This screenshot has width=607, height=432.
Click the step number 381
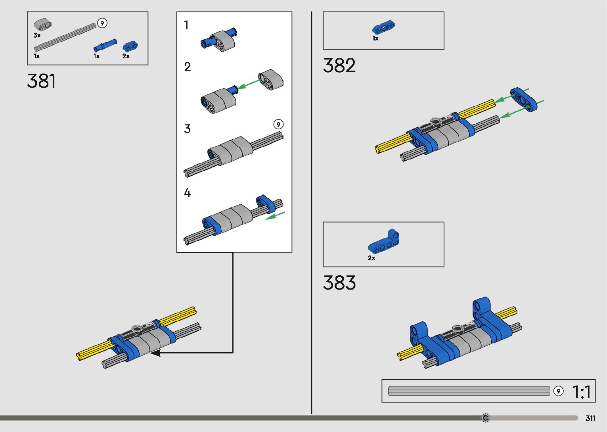(x=42, y=81)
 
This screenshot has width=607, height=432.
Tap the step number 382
(x=339, y=65)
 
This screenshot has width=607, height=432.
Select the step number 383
(x=339, y=283)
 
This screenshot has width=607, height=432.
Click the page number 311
(x=590, y=418)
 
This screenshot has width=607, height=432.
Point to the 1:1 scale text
(x=582, y=392)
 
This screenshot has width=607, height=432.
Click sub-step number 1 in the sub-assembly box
(x=186, y=25)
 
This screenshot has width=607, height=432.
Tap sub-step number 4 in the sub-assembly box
(x=187, y=193)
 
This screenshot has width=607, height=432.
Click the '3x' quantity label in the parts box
(x=37, y=35)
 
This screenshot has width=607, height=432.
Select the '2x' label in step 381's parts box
(x=126, y=56)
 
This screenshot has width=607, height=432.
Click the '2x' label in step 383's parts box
(x=371, y=258)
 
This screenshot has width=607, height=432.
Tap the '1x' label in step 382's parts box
(x=375, y=38)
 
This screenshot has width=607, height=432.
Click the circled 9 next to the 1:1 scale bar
(x=558, y=391)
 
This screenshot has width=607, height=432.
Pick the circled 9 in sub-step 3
(x=278, y=124)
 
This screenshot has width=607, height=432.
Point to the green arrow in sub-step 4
(x=275, y=216)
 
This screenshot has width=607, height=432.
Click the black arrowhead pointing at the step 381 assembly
(x=155, y=352)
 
